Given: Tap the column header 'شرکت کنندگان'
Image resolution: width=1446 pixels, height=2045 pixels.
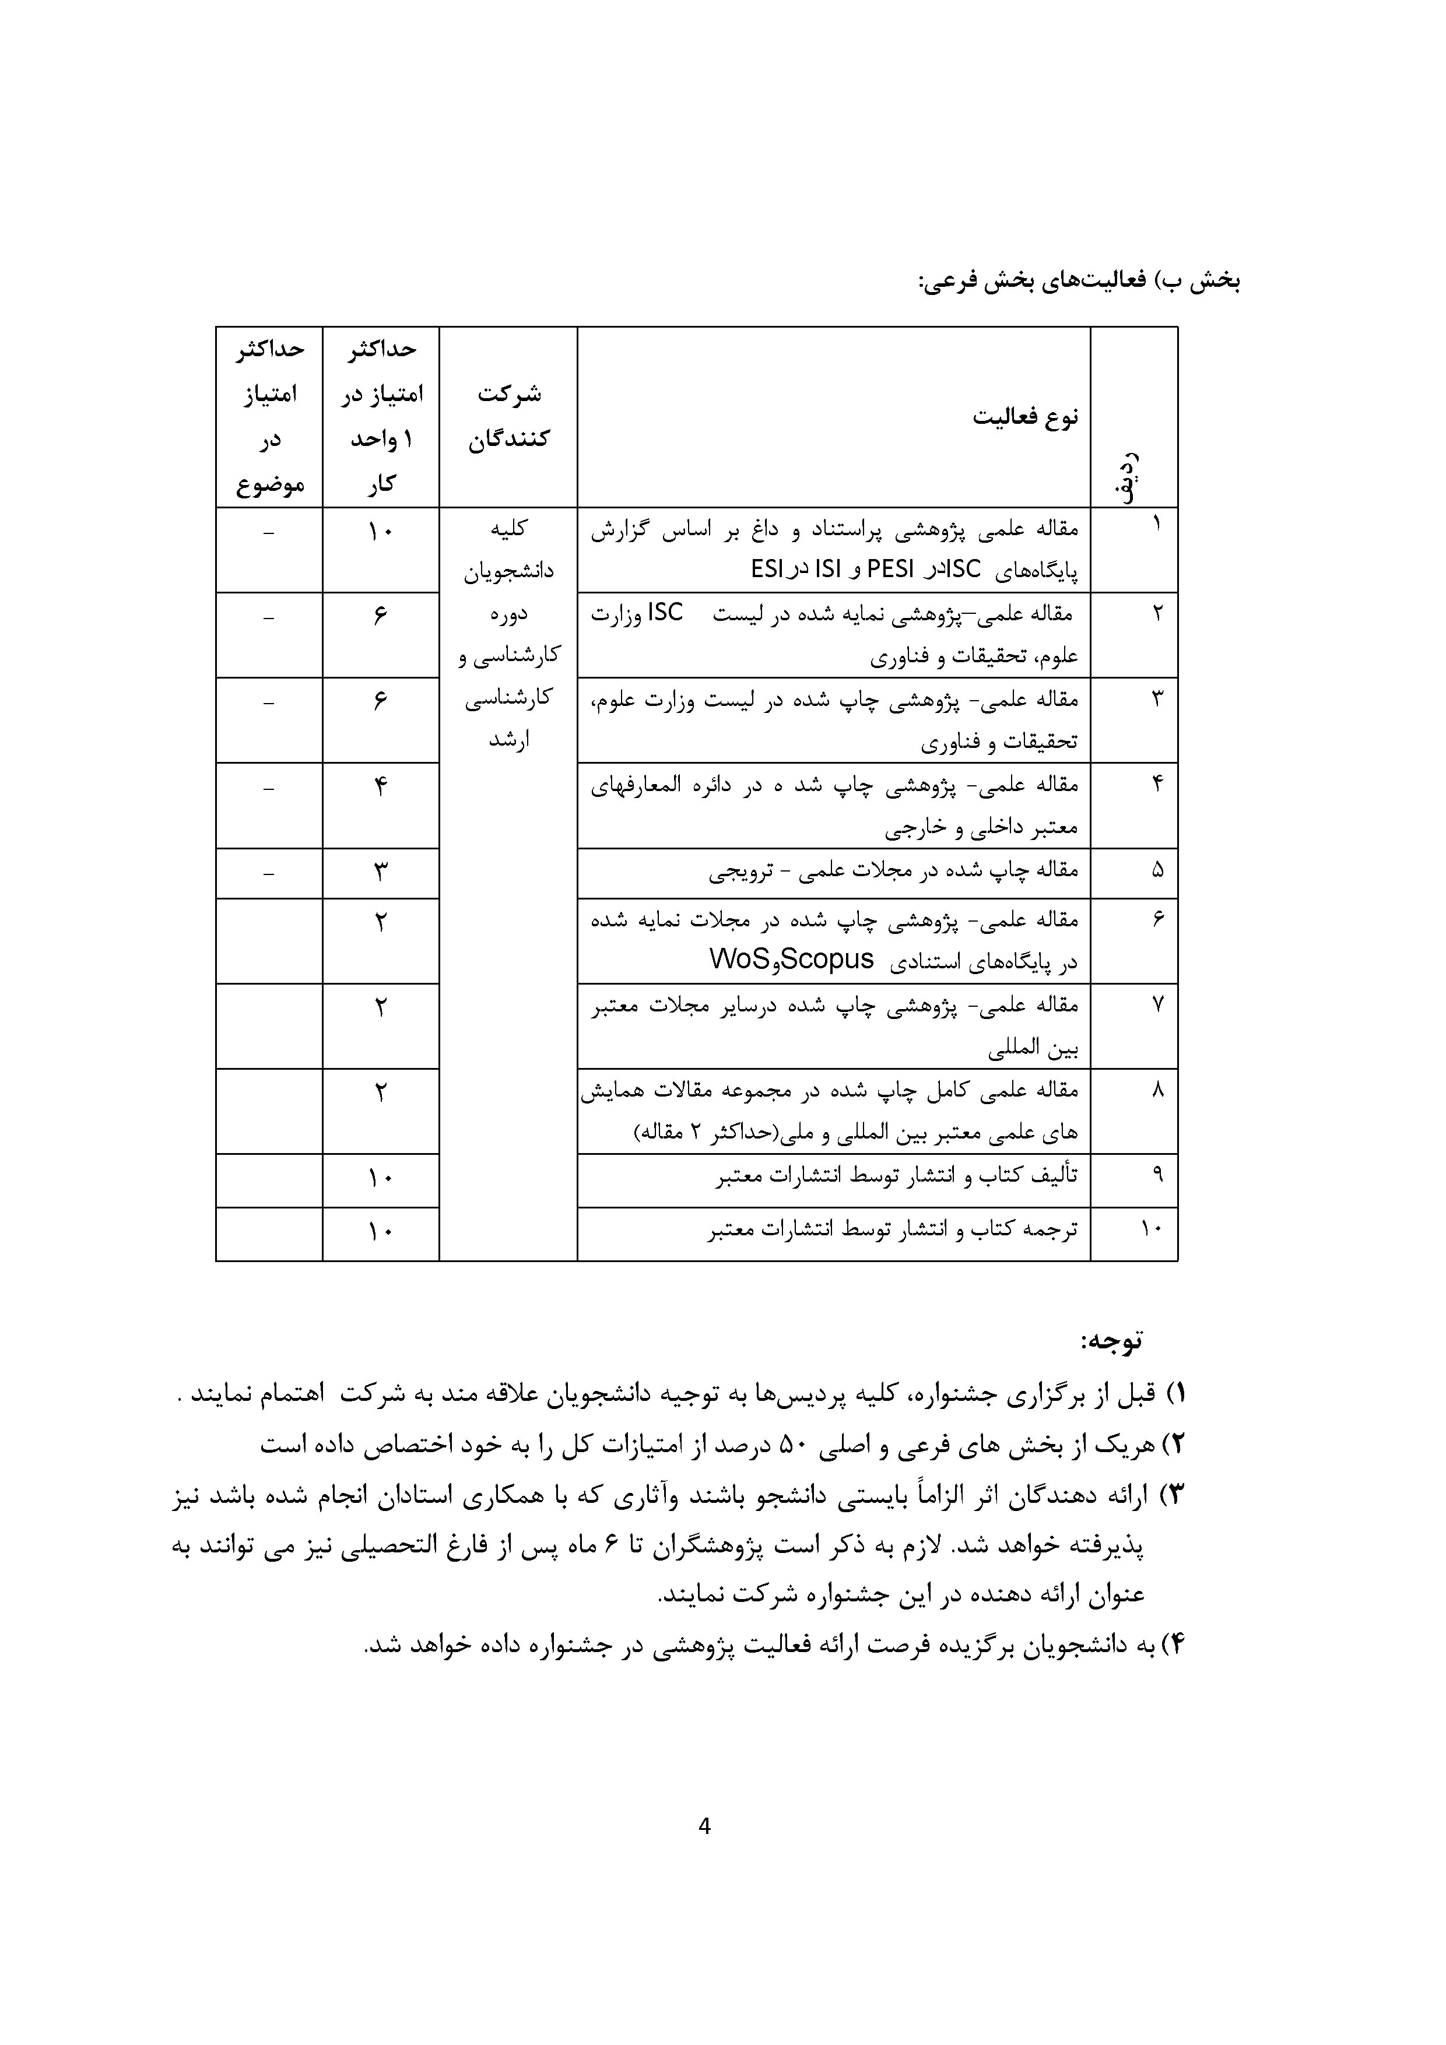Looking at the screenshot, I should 509,416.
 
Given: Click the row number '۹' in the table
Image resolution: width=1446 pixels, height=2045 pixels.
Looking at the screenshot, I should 1156,1175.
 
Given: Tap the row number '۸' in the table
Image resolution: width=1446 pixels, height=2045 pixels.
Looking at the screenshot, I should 1156,1090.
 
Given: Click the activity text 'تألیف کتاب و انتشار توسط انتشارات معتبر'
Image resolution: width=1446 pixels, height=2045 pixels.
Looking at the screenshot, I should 896,1176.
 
